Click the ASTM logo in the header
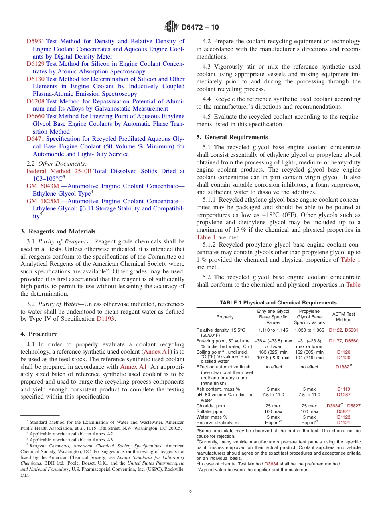click(172, 27)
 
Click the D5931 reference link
click(35, 41)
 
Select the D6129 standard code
click(35, 64)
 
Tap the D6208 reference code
click(35, 101)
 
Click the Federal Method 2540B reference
click(59, 171)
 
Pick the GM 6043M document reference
click(43, 186)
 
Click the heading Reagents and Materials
click(58, 231)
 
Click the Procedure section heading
click(39, 334)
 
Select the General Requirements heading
click(232, 137)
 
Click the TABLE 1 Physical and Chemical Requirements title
click(278, 303)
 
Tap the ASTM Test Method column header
click(343, 317)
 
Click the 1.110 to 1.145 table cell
click(273, 330)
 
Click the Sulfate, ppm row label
click(209, 411)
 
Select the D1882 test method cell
click(343, 367)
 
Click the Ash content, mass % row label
click(218, 389)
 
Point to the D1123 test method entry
click(343, 417)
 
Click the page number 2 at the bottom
click(190, 492)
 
